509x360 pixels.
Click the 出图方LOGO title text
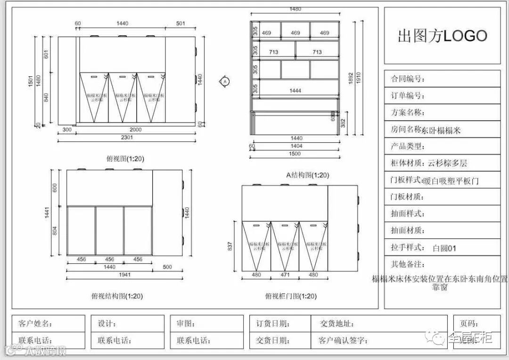442,36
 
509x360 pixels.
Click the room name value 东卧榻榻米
441,130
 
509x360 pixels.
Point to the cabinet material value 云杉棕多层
447,164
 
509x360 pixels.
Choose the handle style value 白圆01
444,248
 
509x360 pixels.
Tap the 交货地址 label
337,324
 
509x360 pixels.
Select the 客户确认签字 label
342,340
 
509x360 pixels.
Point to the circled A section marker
225,82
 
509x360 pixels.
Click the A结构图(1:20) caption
308,175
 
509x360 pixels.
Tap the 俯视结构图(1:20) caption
117,296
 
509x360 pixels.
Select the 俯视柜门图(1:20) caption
290,296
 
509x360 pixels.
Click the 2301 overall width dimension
126,138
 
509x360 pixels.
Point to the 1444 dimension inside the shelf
296,90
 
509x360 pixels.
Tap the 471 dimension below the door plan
285,275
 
